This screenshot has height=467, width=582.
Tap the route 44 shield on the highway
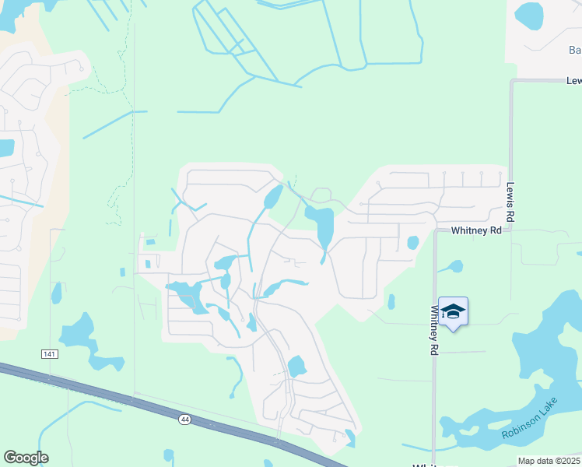184,420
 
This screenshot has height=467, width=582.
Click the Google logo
26,458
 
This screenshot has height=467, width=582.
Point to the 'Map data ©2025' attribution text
549,461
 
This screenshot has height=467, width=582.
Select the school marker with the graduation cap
453,312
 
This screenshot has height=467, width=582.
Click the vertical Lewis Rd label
511,203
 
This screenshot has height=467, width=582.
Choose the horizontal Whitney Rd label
477,231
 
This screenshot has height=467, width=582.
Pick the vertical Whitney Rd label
434,331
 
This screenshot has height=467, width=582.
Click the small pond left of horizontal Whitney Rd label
412,243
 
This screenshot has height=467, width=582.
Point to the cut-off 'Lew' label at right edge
573,81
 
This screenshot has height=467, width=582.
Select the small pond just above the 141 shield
56,293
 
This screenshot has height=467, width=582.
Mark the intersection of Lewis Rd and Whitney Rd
511,231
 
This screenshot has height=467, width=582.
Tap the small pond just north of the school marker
455,266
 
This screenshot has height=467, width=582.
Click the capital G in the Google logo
11,458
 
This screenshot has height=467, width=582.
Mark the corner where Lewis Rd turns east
512,80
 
